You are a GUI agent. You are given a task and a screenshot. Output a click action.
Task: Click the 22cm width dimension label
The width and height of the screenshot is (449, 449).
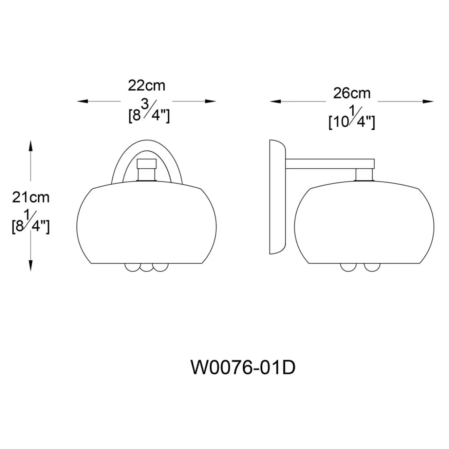[x=147, y=85]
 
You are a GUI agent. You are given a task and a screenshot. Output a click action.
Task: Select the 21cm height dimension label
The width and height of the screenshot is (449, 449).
[x=31, y=198]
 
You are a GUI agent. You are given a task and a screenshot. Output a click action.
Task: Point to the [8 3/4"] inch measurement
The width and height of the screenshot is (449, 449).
[x=149, y=112]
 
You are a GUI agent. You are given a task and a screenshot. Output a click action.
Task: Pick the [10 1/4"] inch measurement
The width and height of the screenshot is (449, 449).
[x=352, y=118]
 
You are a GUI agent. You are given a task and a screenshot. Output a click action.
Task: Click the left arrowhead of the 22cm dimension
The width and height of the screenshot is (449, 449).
[x=83, y=101]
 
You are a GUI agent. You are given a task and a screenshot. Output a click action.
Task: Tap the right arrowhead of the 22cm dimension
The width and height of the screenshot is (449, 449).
[x=211, y=101]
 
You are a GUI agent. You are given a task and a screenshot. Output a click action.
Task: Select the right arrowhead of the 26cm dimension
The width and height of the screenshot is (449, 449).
[x=428, y=102]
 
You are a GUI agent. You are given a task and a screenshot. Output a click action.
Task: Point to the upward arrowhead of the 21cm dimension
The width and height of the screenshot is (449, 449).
[x=30, y=146]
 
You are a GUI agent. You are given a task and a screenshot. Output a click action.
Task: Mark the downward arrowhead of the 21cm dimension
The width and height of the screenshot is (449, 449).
[x=30, y=266]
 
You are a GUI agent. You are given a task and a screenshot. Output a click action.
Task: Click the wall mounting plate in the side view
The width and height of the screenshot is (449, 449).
[x=277, y=197]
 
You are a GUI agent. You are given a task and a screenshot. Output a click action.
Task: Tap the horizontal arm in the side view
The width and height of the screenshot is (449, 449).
[x=330, y=164]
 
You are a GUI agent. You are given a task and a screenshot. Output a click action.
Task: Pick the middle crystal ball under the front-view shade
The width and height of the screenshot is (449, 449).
[x=146, y=268]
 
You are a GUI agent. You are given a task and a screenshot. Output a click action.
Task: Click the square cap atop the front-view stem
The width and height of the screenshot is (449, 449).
[x=147, y=164]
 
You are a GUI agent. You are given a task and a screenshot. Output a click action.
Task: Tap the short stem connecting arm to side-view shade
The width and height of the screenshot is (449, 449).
[x=364, y=175]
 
